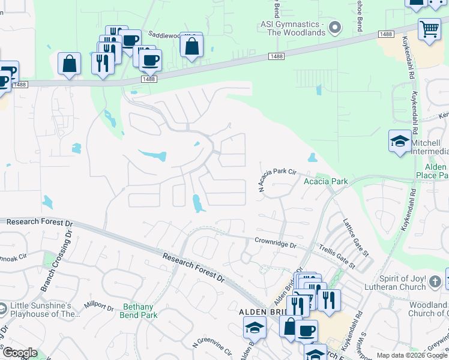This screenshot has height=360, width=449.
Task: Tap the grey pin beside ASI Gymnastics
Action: click(x=336, y=26)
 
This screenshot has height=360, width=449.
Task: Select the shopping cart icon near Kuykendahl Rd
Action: click(x=429, y=29)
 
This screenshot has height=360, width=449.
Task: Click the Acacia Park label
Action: click(x=326, y=181)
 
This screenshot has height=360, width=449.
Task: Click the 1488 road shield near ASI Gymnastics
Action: click(x=276, y=56)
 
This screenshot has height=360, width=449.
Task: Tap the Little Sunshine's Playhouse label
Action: click(x=44, y=310)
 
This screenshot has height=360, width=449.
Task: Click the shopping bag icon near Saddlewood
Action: click(x=191, y=46)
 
